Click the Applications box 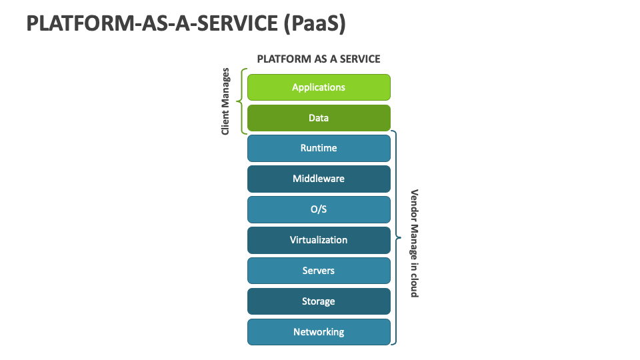click(x=319, y=87)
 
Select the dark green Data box click(x=319, y=118)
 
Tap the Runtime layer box click(x=319, y=148)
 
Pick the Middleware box click(x=319, y=179)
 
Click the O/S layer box click(x=319, y=209)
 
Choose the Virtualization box click(x=319, y=240)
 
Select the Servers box click(x=319, y=271)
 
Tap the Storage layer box click(x=319, y=301)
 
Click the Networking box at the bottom click(x=319, y=332)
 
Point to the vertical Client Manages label click(x=225, y=101)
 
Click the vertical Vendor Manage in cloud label click(x=414, y=243)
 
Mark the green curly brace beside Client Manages click(x=241, y=101)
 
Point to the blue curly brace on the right click(x=396, y=237)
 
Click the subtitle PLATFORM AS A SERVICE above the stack click(x=319, y=59)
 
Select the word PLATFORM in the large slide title click(x=71, y=23)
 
